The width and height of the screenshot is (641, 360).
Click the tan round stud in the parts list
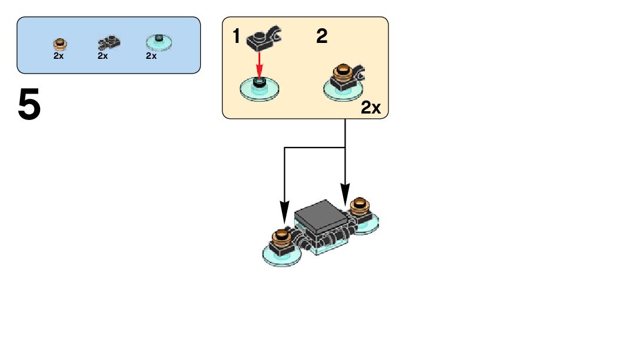pos(59,44)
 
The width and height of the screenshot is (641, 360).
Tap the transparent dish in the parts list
pos(158,42)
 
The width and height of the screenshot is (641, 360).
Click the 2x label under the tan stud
pos(58,56)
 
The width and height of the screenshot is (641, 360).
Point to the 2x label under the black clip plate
pos(102,56)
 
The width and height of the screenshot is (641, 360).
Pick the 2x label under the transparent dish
pos(151,56)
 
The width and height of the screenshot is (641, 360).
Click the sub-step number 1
pos(237,37)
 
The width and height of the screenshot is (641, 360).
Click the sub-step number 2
pos(321,37)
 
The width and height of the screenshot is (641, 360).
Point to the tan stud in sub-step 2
pos(341,74)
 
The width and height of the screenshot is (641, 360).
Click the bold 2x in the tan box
pos(371,108)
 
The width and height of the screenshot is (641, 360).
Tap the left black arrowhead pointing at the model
pos(284,211)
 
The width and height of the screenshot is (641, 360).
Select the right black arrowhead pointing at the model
pos(345,194)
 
